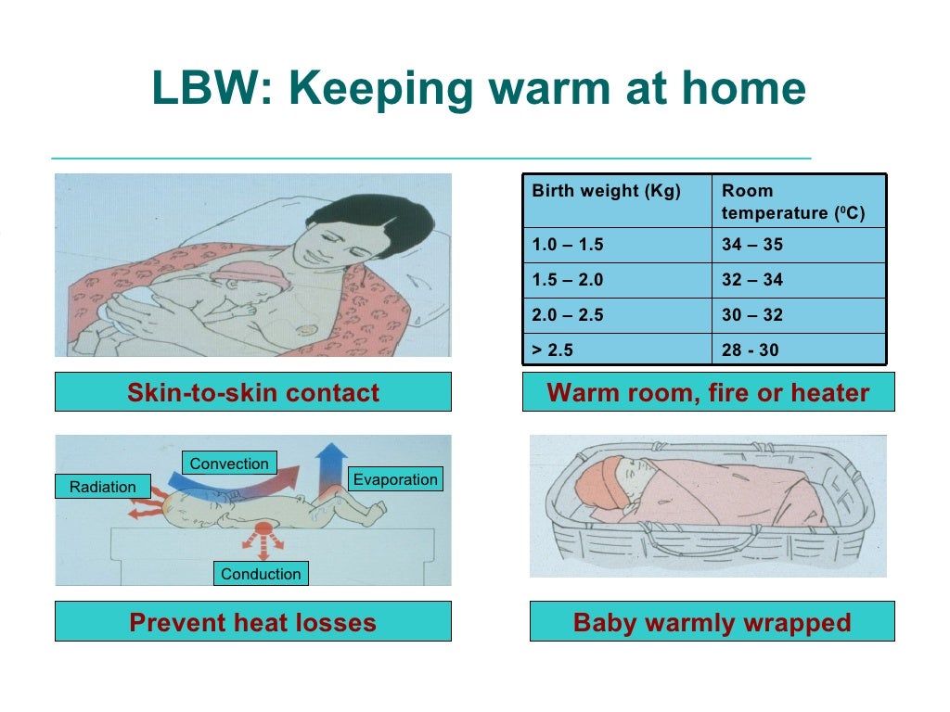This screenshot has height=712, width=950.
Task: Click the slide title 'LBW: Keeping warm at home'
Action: [478, 90]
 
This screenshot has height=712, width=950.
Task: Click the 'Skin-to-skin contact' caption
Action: [253, 392]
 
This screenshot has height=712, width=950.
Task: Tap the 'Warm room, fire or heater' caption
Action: [709, 392]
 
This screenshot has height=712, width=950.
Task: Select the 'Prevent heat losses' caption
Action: [253, 622]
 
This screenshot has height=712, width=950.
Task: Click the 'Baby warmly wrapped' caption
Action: [712, 622]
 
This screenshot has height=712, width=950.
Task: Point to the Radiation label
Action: [102, 487]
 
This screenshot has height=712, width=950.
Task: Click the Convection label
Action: [229, 464]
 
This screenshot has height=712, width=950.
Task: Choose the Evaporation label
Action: [394, 479]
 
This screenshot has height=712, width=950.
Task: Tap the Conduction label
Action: [261, 574]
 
